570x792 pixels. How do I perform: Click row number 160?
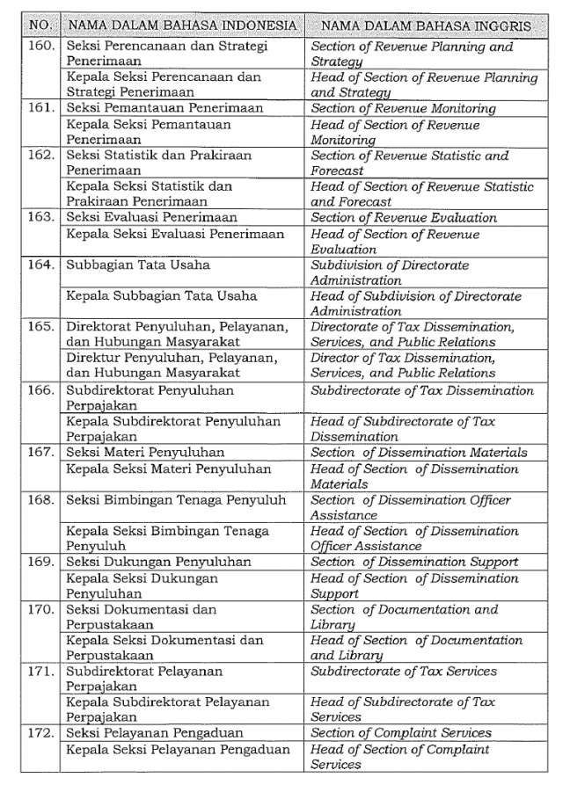(x=40, y=47)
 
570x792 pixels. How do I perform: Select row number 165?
(x=40, y=327)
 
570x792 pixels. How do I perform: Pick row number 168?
(x=40, y=500)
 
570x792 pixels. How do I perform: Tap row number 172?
(x=40, y=733)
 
